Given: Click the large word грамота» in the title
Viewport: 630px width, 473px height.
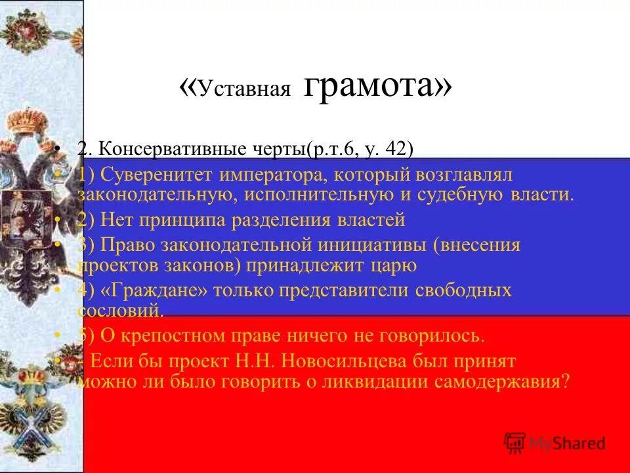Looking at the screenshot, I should (x=378, y=86).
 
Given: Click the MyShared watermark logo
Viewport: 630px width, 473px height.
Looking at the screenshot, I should (x=555, y=443).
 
